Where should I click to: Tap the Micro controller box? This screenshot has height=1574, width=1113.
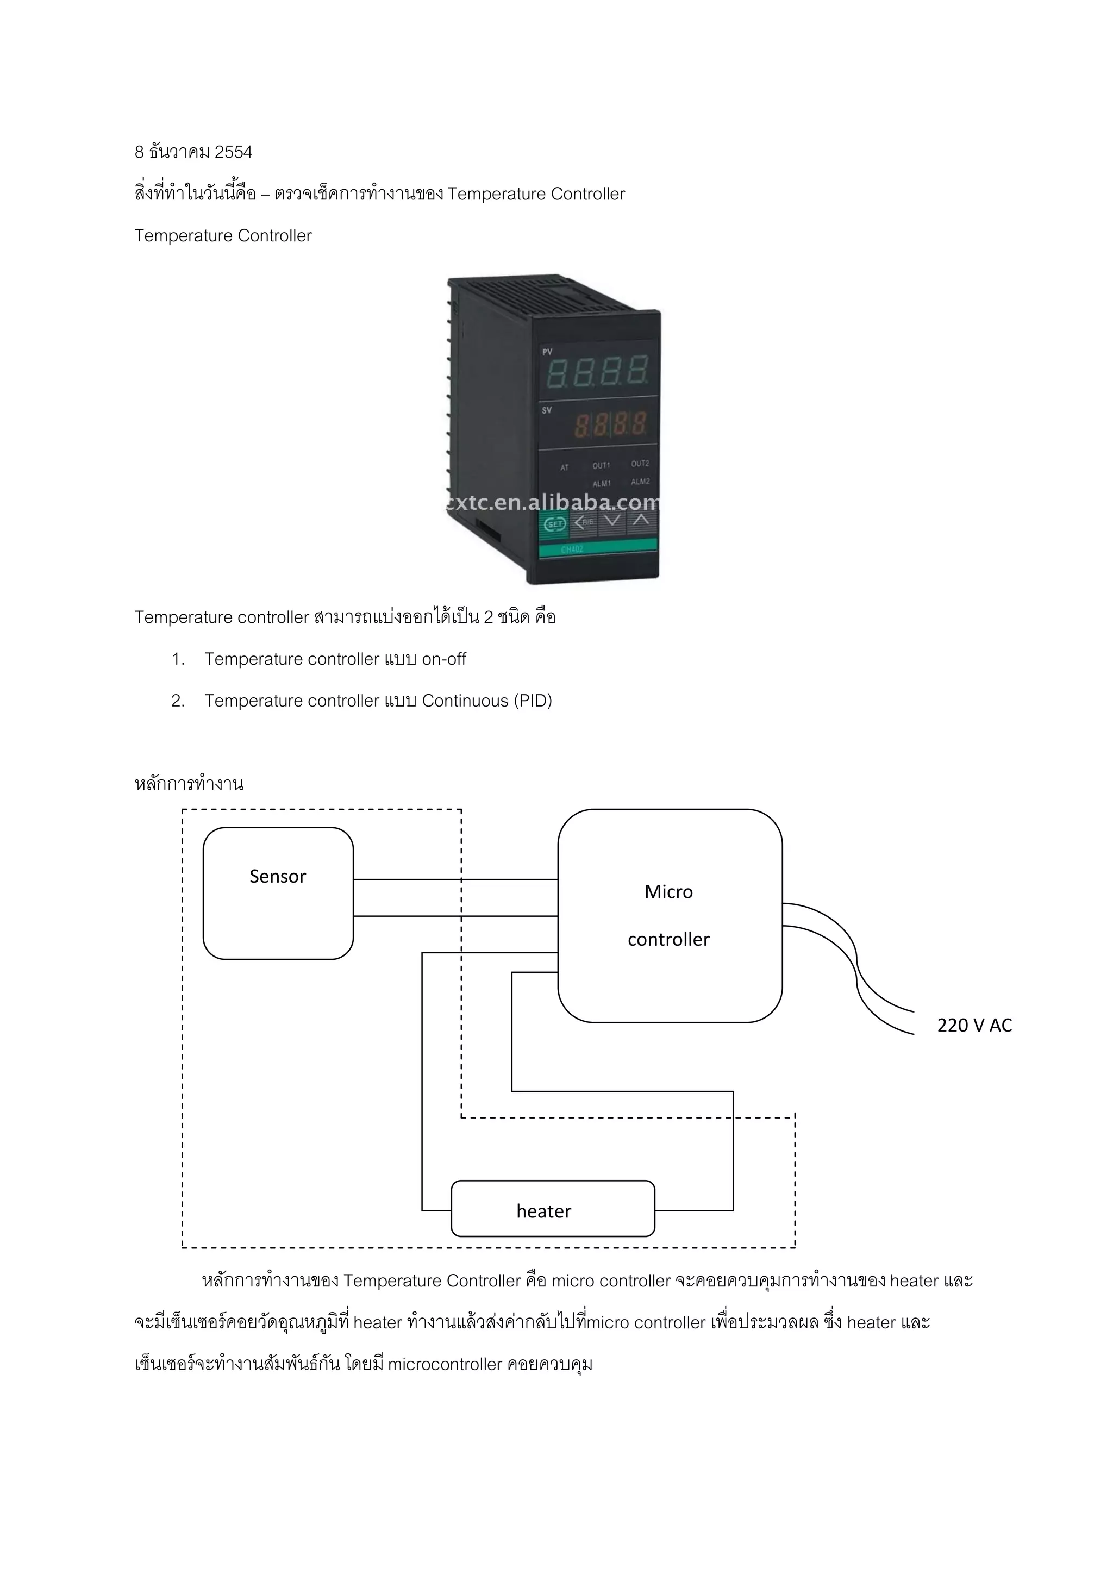tap(669, 916)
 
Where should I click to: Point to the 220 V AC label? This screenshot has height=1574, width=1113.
tap(974, 1026)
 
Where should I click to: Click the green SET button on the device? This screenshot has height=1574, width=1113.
tap(554, 524)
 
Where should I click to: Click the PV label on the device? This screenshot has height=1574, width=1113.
tap(548, 352)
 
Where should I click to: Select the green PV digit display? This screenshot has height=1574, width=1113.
tap(598, 371)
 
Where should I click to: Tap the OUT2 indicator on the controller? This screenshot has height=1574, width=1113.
tap(640, 464)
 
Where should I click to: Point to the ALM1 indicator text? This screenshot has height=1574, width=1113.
tap(602, 483)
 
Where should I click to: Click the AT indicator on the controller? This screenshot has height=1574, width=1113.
tap(565, 467)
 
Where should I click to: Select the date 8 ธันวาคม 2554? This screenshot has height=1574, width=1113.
tap(193, 152)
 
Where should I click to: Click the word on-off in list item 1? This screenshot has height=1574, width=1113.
tap(444, 659)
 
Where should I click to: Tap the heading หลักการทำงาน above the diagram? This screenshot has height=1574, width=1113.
tap(189, 784)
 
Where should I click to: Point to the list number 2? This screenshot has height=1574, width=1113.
tap(178, 701)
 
